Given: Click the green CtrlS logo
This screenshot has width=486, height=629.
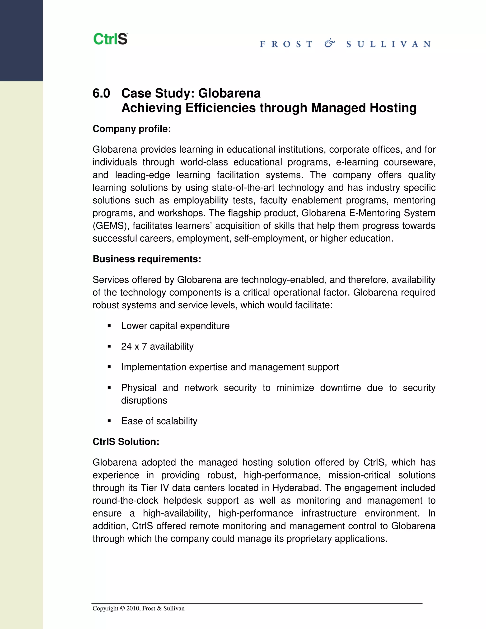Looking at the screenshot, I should (110, 39).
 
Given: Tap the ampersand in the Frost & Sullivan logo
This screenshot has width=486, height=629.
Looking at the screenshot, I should (329, 43).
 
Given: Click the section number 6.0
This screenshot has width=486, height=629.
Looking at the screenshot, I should (101, 93).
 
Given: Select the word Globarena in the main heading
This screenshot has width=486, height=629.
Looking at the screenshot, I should (229, 93).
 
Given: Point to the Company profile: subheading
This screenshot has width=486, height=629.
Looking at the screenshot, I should (131, 129).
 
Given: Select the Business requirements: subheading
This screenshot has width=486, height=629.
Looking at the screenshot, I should (147, 259).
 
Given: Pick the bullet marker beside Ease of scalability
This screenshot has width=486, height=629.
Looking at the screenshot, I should (109, 421).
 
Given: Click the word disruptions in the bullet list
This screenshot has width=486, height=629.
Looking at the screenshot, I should (144, 400).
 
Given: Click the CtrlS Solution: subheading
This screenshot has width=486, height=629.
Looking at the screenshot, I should (126, 441).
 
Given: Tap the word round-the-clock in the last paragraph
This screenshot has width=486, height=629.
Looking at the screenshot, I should (125, 500).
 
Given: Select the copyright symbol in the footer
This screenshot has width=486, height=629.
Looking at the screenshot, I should (122, 608).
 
